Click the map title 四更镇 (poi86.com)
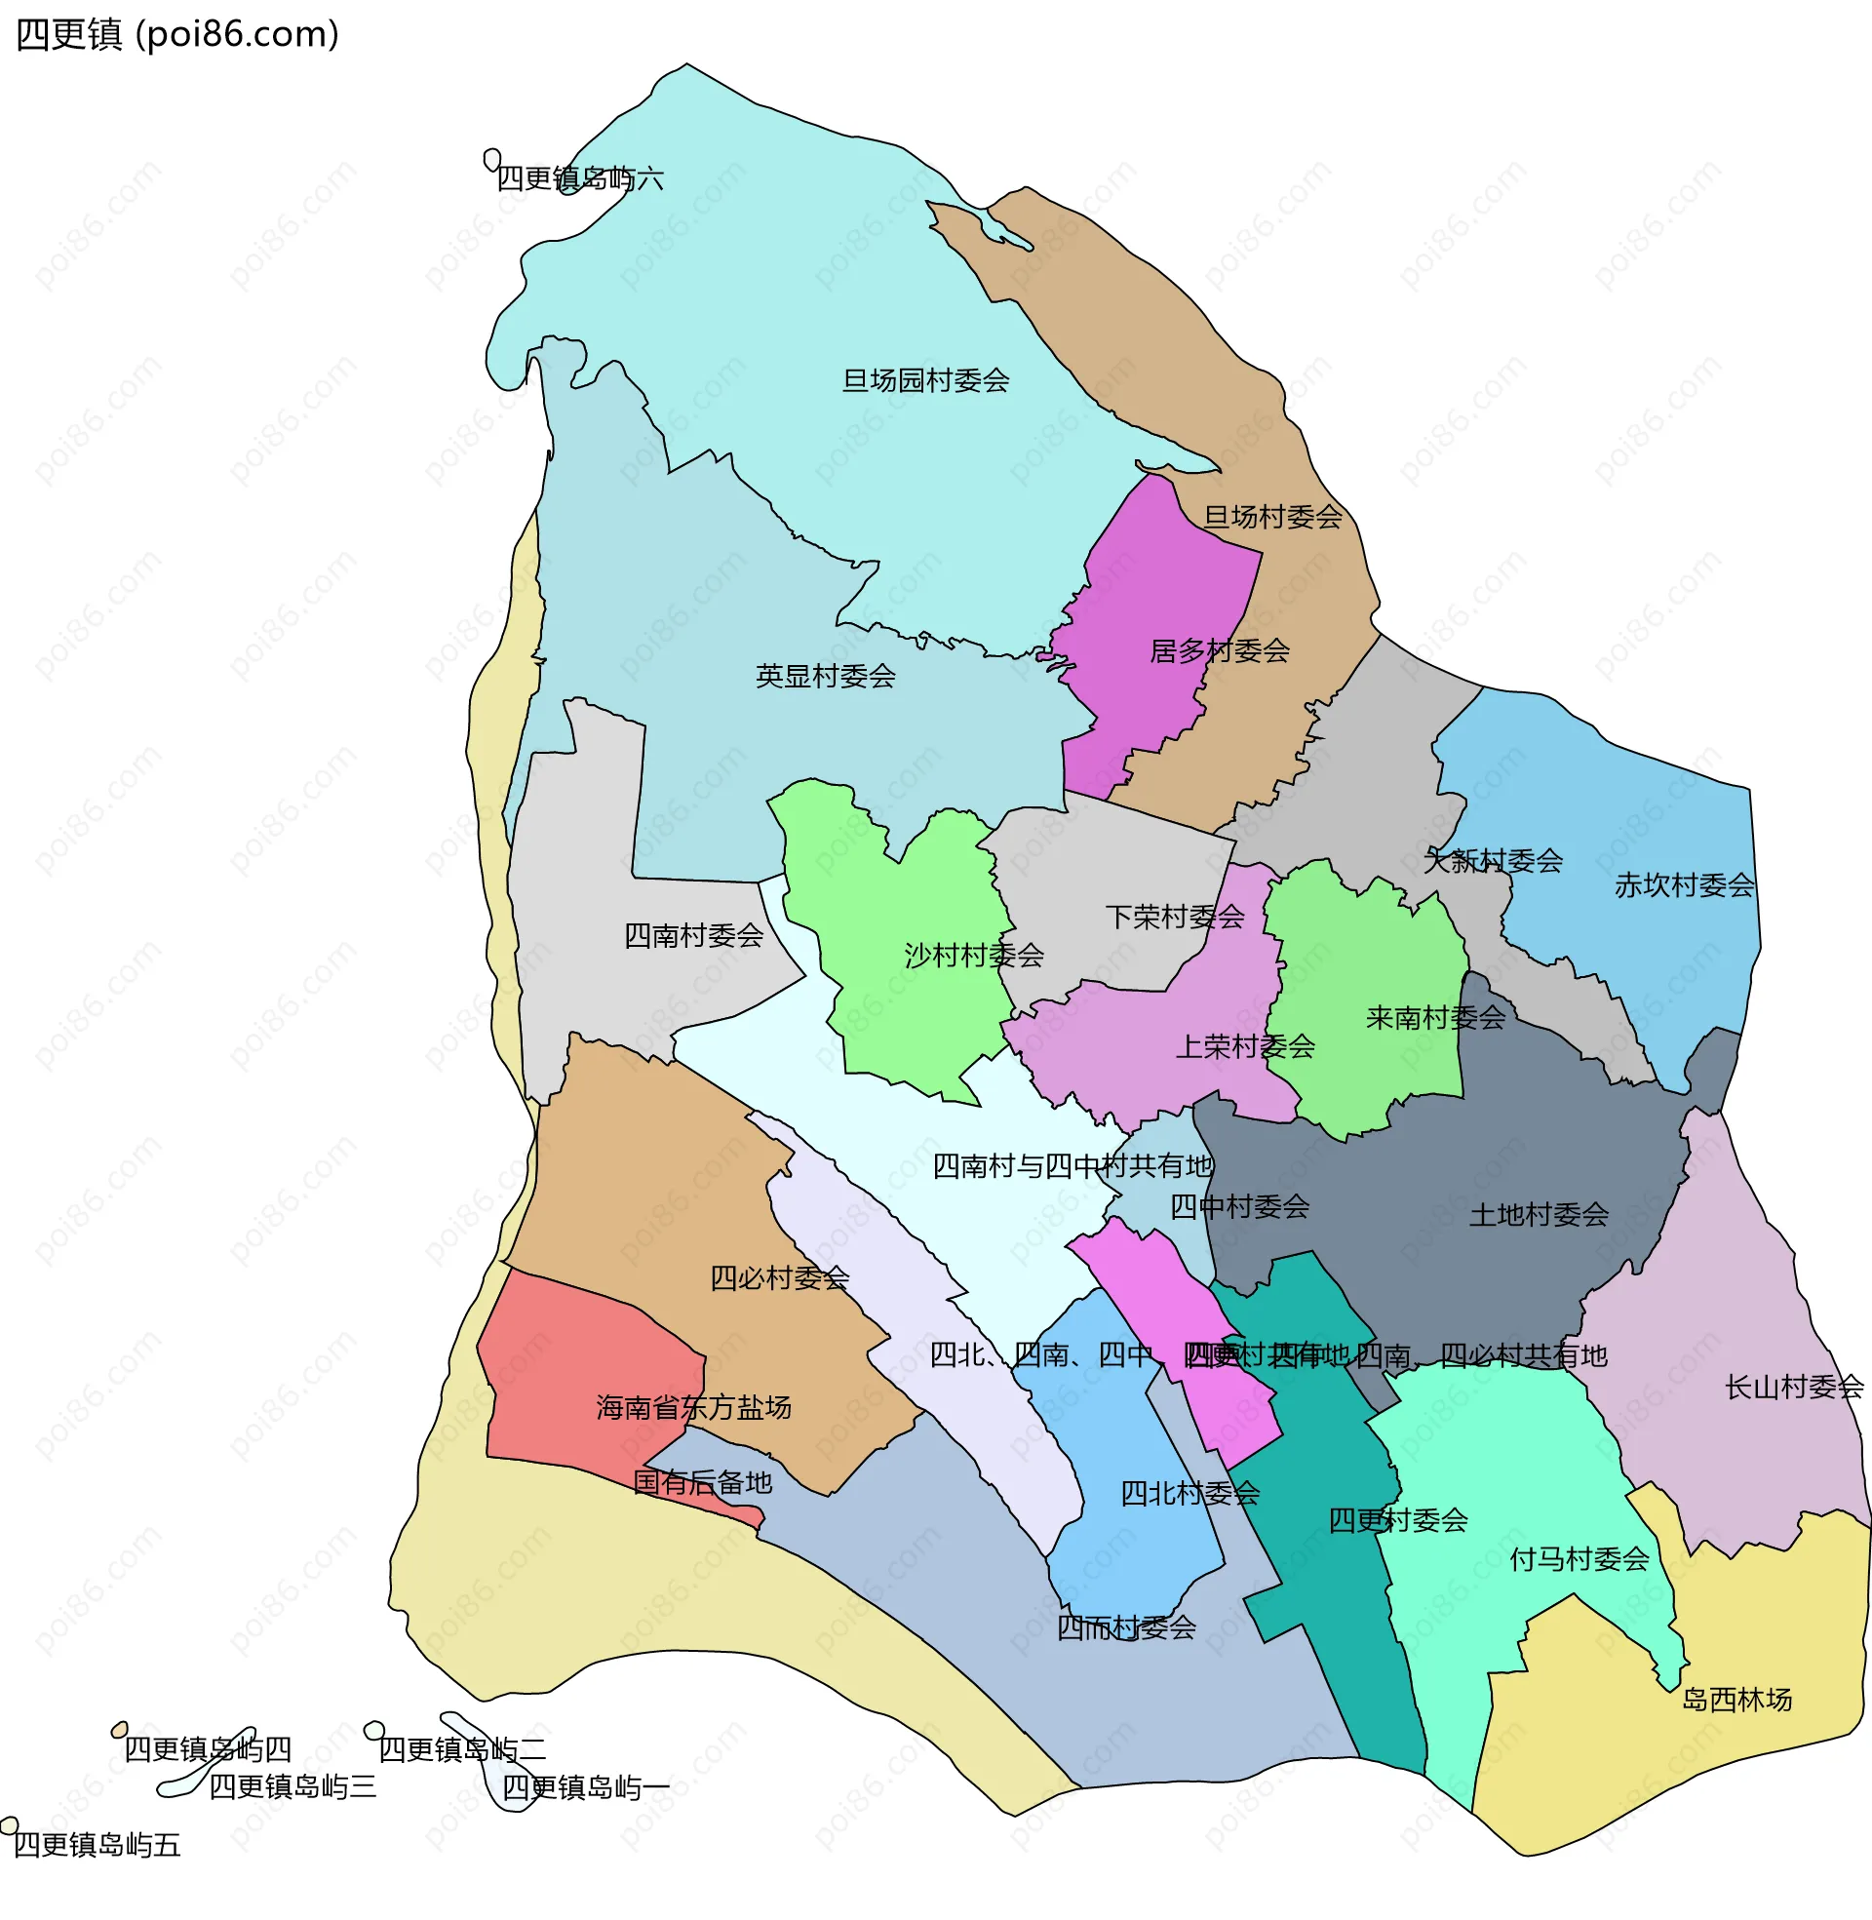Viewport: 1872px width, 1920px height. coord(178,34)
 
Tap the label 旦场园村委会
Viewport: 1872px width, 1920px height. coord(925,380)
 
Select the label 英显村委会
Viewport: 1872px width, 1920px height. coord(825,677)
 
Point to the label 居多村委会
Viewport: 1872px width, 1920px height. coord(1219,650)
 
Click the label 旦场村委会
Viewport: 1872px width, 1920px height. coord(1272,517)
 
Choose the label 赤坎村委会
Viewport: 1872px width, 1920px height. coord(1683,885)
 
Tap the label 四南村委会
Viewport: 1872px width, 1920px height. coord(693,936)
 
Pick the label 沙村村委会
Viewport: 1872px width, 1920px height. coord(973,956)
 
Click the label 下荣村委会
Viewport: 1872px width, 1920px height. coord(1174,918)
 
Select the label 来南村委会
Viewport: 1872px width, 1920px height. coord(1434,1018)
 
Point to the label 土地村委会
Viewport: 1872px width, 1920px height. coord(1538,1216)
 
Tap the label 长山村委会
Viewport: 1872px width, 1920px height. coord(1793,1389)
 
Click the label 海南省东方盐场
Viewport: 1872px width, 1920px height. coord(693,1409)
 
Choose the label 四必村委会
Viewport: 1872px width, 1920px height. coord(779,1279)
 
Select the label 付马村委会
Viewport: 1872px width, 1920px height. coord(1579,1560)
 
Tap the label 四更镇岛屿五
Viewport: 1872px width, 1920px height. coord(97,1846)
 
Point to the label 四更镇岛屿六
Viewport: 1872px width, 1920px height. coord(579,178)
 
